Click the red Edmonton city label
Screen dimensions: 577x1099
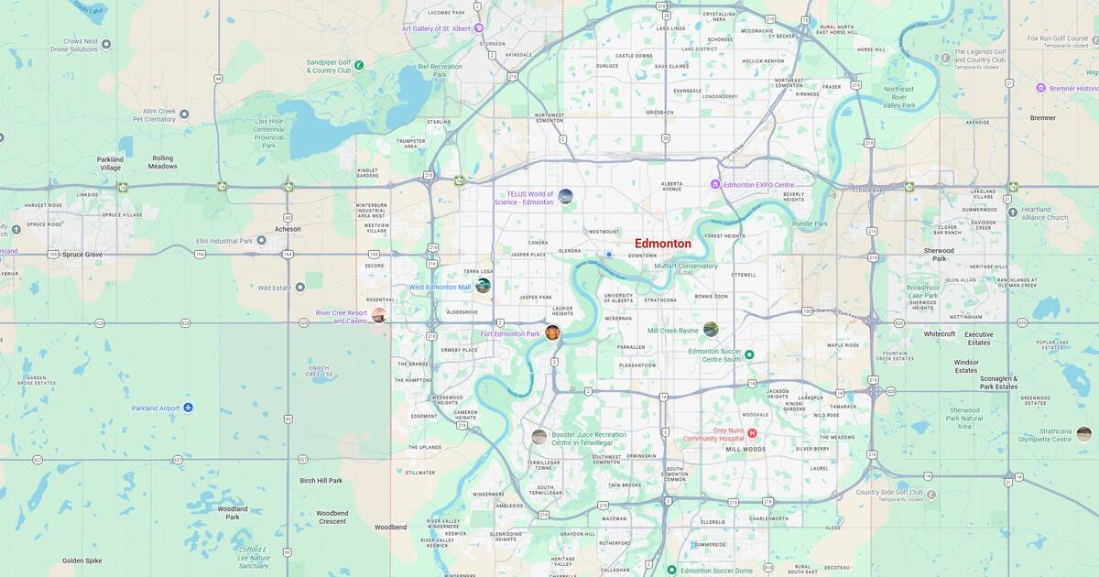pyautogui.click(x=662, y=244)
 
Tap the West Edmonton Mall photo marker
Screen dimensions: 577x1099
pyautogui.click(x=483, y=286)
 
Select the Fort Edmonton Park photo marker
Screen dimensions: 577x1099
pyautogui.click(x=553, y=332)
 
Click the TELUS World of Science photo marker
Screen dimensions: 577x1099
pyautogui.click(x=565, y=196)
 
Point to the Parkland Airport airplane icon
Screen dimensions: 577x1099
pyautogui.click(x=188, y=408)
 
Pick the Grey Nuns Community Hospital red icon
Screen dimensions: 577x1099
pyautogui.click(x=752, y=433)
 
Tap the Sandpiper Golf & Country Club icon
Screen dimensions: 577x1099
pyautogui.click(x=359, y=65)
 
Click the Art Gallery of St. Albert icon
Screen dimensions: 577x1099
pyautogui.click(x=478, y=28)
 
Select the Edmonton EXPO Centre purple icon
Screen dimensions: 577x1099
pyautogui.click(x=716, y=185)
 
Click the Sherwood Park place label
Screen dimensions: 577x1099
pyautogui.click(x=939, y=255)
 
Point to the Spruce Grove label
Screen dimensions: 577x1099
pyautogui.click(x=82, y=254)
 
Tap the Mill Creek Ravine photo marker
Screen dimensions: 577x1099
pyautogui.click(x=711, y=330)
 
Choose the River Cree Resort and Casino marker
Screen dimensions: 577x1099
pyautogui.click(x=378, y=315)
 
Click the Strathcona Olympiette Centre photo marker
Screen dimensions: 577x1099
pyautogui.click(x=1083, y=434)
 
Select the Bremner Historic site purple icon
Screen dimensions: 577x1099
pyautogui.click(x=1040, y=88)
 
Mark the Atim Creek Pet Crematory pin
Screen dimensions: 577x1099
pyautogui.click(x=184, y=114)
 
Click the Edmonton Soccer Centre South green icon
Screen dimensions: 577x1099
pyautogui.click(x=749, y=354)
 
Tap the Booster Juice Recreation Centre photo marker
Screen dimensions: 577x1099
pyautogui.click(x=539, y=437)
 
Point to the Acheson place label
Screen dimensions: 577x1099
pyautogui.click(x=287, y=229)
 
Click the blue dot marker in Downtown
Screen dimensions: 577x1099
pyautogui.click(x=609, y=255)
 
